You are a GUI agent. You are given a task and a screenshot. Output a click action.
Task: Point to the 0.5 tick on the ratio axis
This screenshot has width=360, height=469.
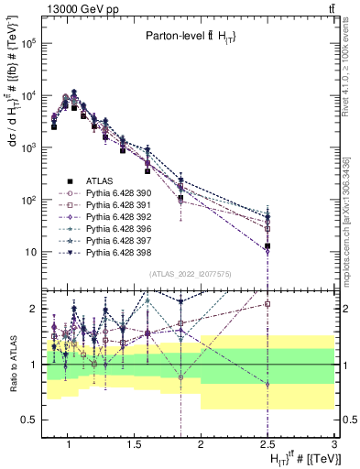[32, 420]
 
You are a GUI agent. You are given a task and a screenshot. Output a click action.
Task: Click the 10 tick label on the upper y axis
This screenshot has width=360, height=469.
[29, 252]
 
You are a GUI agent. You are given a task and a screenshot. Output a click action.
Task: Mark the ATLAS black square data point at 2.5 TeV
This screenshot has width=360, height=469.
[267, 245]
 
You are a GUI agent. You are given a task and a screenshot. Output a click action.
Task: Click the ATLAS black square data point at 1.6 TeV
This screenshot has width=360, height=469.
[147, 170]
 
